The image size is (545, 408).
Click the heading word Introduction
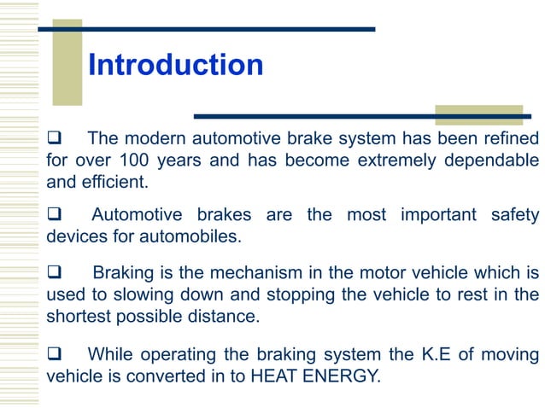[175, 65]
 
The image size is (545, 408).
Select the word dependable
[494, 160]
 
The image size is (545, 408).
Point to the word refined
[510, 138]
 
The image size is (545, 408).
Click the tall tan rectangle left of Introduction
[67, 62]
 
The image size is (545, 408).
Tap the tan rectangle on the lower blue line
[478, 115]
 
